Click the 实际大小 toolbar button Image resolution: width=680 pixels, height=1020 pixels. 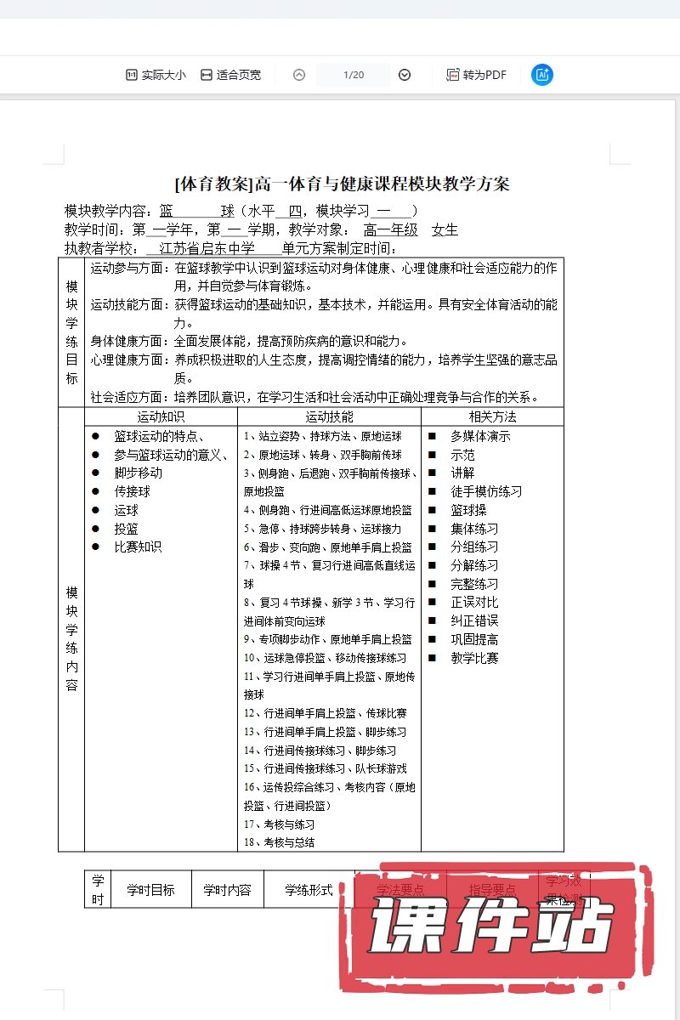click(x=156, y=75)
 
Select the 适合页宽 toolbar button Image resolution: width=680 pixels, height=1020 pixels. click(x=230, y=75)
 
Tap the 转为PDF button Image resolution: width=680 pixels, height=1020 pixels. click(x=476, y=75)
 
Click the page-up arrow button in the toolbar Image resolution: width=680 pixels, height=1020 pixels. click(x=299, y=75)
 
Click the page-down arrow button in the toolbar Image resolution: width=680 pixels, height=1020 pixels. click(x=405, y=75)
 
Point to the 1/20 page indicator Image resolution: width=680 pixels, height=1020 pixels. click(x=354, y=75)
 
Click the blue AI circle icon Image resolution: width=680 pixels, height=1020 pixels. click(x=542, y=75)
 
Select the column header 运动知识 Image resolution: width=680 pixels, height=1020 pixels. click(x=161, y=416)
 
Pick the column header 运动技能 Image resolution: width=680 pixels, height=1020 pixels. click(x=329, y=416)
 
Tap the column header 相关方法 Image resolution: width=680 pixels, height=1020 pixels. click(x=492, y=416)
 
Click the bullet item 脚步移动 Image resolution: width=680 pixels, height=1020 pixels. click(x=138, y=473)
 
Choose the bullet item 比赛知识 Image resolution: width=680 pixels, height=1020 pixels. click(x=138, y=547)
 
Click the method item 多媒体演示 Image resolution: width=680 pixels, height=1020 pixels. click(x=480, y=436)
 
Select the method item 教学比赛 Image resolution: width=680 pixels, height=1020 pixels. click(x=474, y=658)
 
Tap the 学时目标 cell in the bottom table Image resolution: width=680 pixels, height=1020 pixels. click(x=150, y=890)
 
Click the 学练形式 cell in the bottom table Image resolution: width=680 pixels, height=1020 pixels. click(x=309, y=890)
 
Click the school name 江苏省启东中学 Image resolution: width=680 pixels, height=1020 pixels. click(x=212, y=248)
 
